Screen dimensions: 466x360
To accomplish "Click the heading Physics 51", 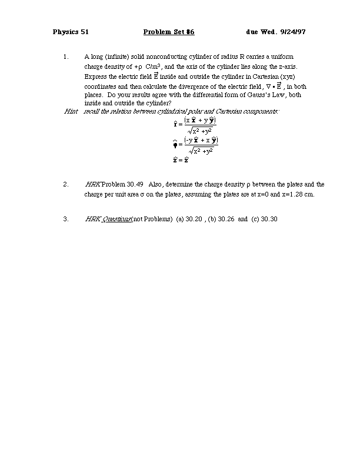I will (x=70, y=31).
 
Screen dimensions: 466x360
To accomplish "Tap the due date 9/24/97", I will (x=294, y=31).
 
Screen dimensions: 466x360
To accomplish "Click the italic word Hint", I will (x=71, y=111).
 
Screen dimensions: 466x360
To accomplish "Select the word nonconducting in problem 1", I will (x=166, y=57).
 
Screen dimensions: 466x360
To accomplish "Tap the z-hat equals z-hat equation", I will (x=180, y=159).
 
